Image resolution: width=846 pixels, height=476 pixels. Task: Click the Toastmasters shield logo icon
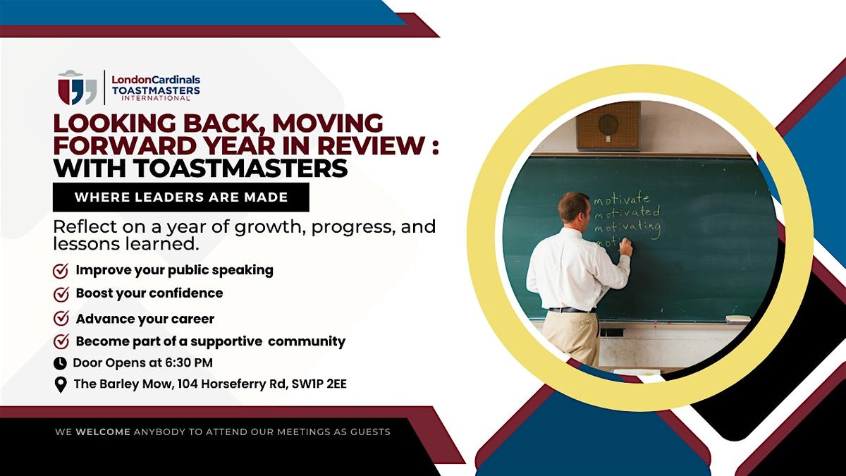(x=78, y=87)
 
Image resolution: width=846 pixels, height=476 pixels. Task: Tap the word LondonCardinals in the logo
(x=156, y=80)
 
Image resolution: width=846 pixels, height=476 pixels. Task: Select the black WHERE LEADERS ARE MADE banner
(x=181, y=197)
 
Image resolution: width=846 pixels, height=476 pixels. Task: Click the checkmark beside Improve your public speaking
(x=61, y=271)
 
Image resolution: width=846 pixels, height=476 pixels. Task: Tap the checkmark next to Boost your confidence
(x=61, y=294)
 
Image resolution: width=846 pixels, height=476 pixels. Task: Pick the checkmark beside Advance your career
(x=61, y=319)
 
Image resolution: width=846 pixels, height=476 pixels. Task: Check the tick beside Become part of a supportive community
(x=61, y=341)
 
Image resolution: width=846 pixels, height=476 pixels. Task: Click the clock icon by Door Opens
(x=60, y=363)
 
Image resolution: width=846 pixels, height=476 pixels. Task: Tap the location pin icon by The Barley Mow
(x=61, y=385)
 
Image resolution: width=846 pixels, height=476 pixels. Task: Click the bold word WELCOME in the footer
(x=103, y=432)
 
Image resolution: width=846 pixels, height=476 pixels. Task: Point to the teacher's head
(x=573, y=209)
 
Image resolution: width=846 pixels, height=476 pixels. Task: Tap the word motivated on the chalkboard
(x=627, y=212)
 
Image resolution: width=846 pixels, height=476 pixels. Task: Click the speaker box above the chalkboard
(x=608, y=126)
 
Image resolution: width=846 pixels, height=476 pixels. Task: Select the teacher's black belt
(x=572, y=310)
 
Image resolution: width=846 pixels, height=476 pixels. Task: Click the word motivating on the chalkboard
(x=627, y=228)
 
